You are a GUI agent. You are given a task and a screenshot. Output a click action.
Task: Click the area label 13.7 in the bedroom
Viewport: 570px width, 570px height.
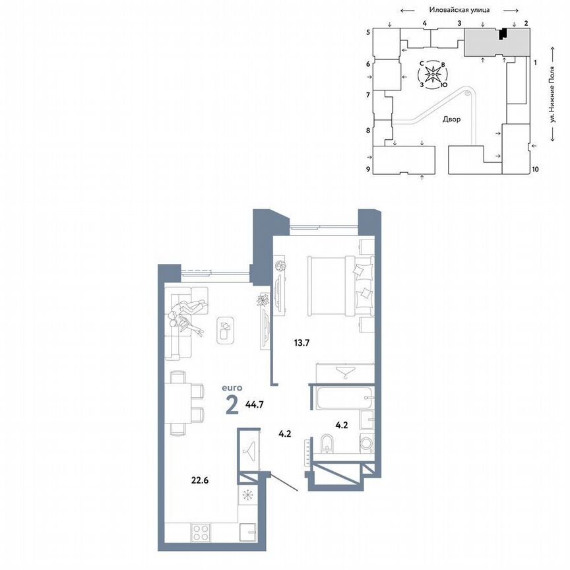click(x=302, y=342)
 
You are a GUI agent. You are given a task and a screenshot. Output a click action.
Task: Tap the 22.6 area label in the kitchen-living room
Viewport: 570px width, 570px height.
click(x=201, y=480)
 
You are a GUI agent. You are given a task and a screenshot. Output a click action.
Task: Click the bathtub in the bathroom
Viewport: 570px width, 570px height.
click(x=342, y=398)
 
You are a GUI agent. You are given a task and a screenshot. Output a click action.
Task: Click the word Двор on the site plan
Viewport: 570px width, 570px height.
click(x=452, y=119)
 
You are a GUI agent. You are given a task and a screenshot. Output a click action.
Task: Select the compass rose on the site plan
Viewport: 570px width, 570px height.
click(x=432, y=75)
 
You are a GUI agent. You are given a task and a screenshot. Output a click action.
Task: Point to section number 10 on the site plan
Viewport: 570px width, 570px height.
click(x=535, y=170)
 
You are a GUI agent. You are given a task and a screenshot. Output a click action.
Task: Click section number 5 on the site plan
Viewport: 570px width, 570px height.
click(x=368, y=32)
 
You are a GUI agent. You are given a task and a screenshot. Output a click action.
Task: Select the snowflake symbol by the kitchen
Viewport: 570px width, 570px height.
click(x=248, y=494)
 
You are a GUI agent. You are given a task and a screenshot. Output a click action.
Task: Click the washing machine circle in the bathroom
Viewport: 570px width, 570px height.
click(x=366, y=443)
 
